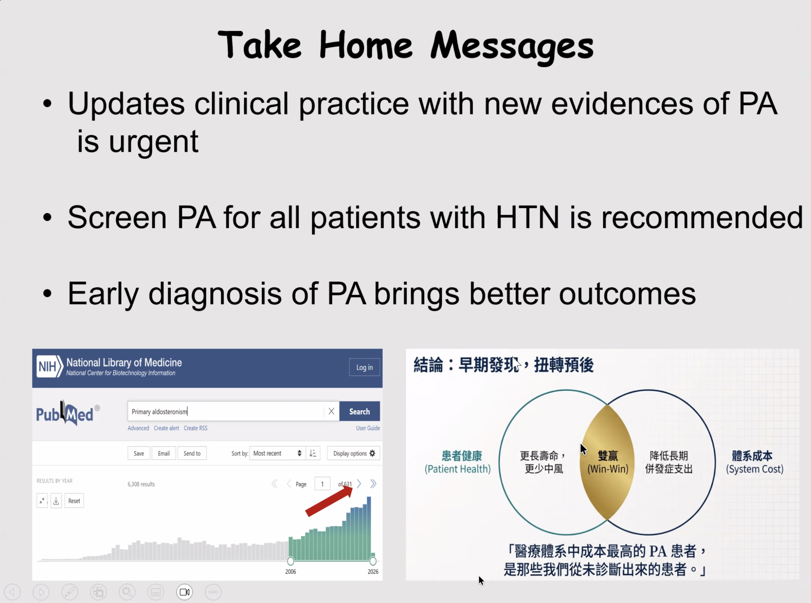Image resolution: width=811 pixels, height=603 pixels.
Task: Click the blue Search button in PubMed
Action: [x=360, y=411]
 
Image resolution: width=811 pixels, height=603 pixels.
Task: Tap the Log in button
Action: [x=365, y=367]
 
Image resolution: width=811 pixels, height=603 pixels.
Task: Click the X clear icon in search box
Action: [x=331, y=411]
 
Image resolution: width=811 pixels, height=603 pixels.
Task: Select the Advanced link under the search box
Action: [x=138, y=428]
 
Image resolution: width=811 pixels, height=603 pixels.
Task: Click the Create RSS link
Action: [x=195, y=428]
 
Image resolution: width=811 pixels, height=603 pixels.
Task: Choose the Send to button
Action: [x=192, y=453]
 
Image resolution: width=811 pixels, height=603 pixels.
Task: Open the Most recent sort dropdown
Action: [x=277, y=453]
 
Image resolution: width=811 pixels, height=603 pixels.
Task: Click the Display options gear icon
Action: [x=372, y=453]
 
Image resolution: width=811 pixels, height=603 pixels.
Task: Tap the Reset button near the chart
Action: [x=74, y=501]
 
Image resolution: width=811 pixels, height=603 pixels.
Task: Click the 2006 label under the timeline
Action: [x=291, y=572]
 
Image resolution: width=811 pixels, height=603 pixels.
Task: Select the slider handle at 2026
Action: [x=373, y=561]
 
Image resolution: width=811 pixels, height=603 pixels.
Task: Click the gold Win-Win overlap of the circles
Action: [x=607, y=462]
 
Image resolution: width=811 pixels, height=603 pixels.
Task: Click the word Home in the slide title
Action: [x=366, y=45]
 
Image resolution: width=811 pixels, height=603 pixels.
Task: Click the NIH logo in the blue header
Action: [x=50, y=367]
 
